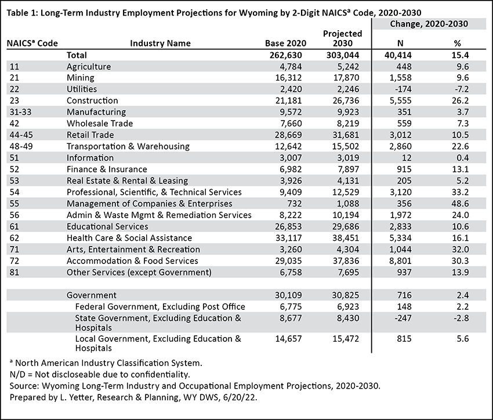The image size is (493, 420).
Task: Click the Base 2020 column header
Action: (285, 44)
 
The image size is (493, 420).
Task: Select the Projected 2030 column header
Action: (342, 38)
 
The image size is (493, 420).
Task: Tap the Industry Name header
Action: (160, 44)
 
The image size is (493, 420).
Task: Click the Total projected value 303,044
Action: (342, 55)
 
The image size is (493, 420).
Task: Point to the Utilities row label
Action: (82, 89)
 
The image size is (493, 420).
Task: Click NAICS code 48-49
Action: (21, 147)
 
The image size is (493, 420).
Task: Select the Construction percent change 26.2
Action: (461, 100)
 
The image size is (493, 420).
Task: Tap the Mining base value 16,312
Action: (288, 78)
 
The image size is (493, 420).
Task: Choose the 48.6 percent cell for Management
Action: (461, 204)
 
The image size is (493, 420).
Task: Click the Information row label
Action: (90, 158)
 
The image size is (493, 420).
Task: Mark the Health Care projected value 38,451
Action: (346, 238)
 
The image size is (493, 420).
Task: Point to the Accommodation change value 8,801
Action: (400, 261)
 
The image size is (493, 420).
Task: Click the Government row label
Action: (92, 295)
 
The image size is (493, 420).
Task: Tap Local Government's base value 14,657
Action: (288, 339)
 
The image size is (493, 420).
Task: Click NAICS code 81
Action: (14, 272)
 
